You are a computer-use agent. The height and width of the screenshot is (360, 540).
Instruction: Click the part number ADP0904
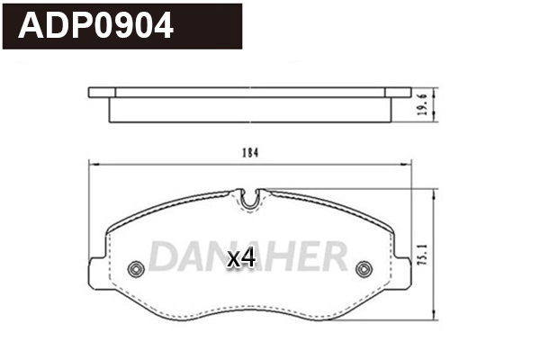pyautogui.click(x=96, y=26)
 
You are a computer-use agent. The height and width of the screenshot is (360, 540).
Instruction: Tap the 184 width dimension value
pyautogui.click(x=250, y=153)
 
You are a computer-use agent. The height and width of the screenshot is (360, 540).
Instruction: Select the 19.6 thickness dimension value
pyautogui.click(x=445, y=105)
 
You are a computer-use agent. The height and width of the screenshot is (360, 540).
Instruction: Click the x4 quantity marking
pyautogui.click(x=241, y=259)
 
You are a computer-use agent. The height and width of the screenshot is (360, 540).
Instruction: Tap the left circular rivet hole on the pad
pyautogui.click(x=137, y=268)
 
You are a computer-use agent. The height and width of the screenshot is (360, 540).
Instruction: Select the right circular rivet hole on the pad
pyautogui.click(x=364, y=268)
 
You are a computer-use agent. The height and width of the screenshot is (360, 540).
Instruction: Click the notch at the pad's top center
pyautogui.click(x=251, y=199)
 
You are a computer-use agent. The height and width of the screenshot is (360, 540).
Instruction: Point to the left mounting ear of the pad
pyautogui.click(x=96, y=272)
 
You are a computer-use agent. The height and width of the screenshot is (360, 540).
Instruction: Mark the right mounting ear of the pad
pyautogui.click(x=405, y=272)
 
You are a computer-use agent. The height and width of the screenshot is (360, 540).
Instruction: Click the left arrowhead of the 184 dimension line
pyautogui.click(x=91, y=163)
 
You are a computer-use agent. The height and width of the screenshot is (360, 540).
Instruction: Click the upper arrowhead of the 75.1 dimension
pyautogui.click(x=436, y=193)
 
